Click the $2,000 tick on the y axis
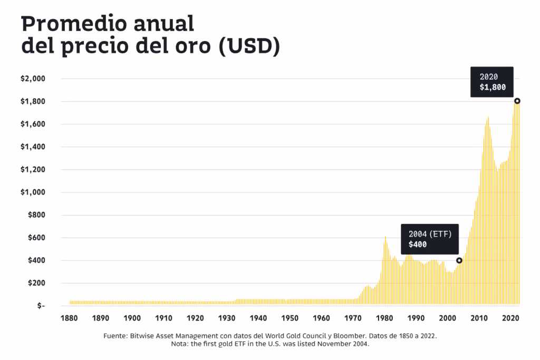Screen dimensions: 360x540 (x=33, y=79)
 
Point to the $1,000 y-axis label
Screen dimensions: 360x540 (x=33, y=192)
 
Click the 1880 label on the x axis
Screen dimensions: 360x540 (x=69, y=318)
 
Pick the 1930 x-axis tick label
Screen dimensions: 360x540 (x=227, y=318)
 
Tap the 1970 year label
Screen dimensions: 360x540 (x=353, y=318)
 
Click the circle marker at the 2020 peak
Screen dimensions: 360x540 (x=517, y=101)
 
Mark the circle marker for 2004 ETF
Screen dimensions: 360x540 (x=459, y=260)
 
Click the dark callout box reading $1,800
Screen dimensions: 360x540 (x=492, y=82)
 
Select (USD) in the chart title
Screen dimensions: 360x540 (x=248, y=46)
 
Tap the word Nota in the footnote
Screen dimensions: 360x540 (x=180, y=344)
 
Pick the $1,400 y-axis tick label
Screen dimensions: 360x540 (x=33, y=147)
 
